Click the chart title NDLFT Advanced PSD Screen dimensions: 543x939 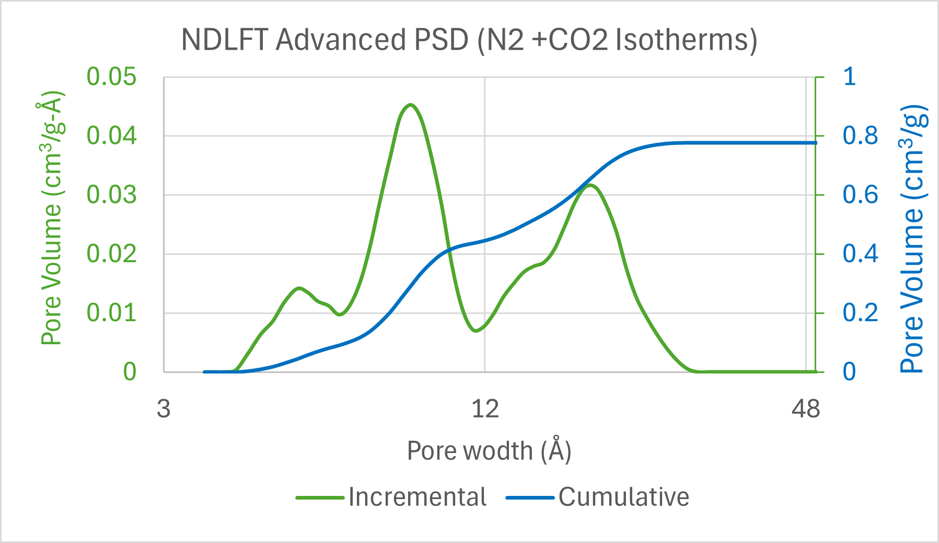pyautogui.click(x=469, y=40)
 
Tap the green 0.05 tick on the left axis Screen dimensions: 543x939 pyautogui.click(x=111, y=77)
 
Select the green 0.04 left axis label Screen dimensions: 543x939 pyautogui.click(x=111, y=136)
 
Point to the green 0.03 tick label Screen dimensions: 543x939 pyautogui.click(x=111, y=195)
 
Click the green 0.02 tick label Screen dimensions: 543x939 pyautogui.click(x=111, y=254)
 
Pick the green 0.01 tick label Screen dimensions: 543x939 pyautogui.click(x=111, y=313)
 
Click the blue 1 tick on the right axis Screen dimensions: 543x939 pyautogui.click(x=850, y=77)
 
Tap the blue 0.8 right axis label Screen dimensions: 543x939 pyautogui.click(x=860, y=136)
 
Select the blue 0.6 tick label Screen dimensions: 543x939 pyautogui.click(x=860, y=195)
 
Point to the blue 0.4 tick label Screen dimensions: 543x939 pyautogui.click(x=860, y=254)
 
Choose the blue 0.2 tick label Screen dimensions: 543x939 pyautogui.click(x=860, y=313)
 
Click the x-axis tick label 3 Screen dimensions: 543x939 pyautogui.click(x=164, y=409)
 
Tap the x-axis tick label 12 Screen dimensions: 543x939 pyautogui.click(x=485, y=409)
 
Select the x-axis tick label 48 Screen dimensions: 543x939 pyautogui.click(x=806, y=409)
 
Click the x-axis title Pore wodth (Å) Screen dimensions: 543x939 pyautogui.click(x=489, y=451)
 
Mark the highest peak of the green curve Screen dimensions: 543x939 pyautogui.click(x=411, y=105)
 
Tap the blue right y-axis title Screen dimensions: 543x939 pyautogui.click(x=913, y=239)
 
